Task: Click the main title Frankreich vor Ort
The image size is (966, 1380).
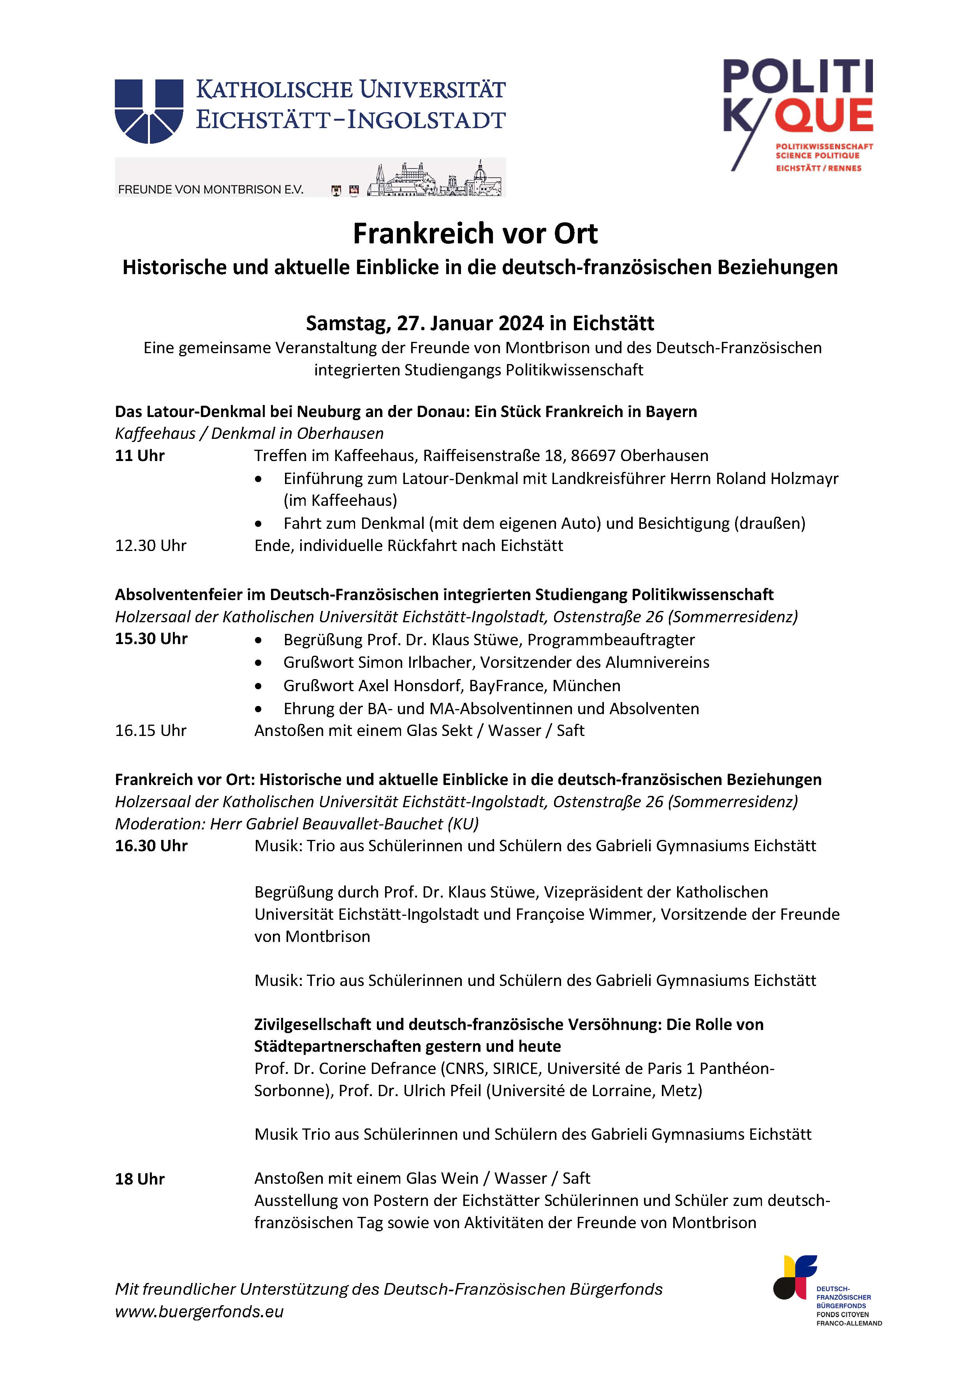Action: tap(475, 234)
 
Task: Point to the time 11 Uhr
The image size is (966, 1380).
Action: tap(139, 456)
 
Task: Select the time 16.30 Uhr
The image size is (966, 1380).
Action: tap(151, 846)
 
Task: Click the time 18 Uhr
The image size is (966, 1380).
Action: tap(139, 1179)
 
